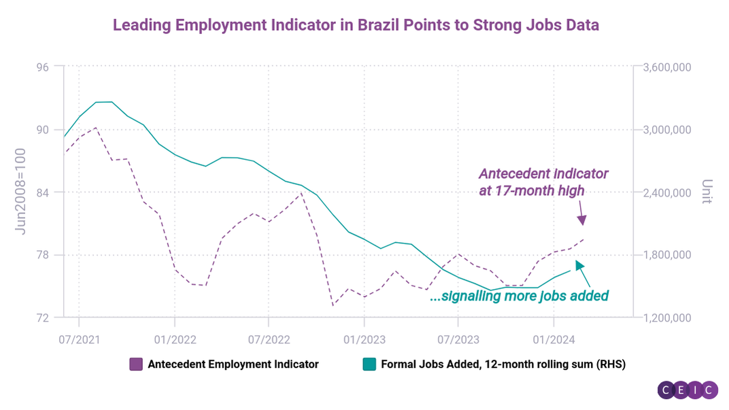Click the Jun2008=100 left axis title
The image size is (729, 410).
[x=21, y=192]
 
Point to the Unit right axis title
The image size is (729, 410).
[x=707, y=192]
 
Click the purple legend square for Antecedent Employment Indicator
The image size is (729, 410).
[x=136, y=364]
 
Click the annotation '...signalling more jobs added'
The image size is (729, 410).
[x=519, y=296]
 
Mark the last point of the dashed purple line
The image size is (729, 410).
[x=584, y=239]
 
